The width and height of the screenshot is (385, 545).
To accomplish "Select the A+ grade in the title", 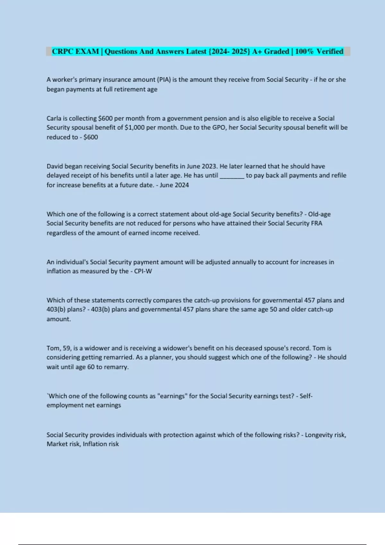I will (256, 51).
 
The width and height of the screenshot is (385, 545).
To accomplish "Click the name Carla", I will (54, 118).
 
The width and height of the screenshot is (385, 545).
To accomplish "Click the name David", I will (55, 166).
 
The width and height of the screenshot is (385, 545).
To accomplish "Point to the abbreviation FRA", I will (317, 223).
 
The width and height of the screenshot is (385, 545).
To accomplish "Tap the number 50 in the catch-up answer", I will (273, 309).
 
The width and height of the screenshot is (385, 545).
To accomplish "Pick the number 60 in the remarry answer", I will (91, 367).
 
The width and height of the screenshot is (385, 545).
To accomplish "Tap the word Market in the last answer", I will (57, 444).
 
